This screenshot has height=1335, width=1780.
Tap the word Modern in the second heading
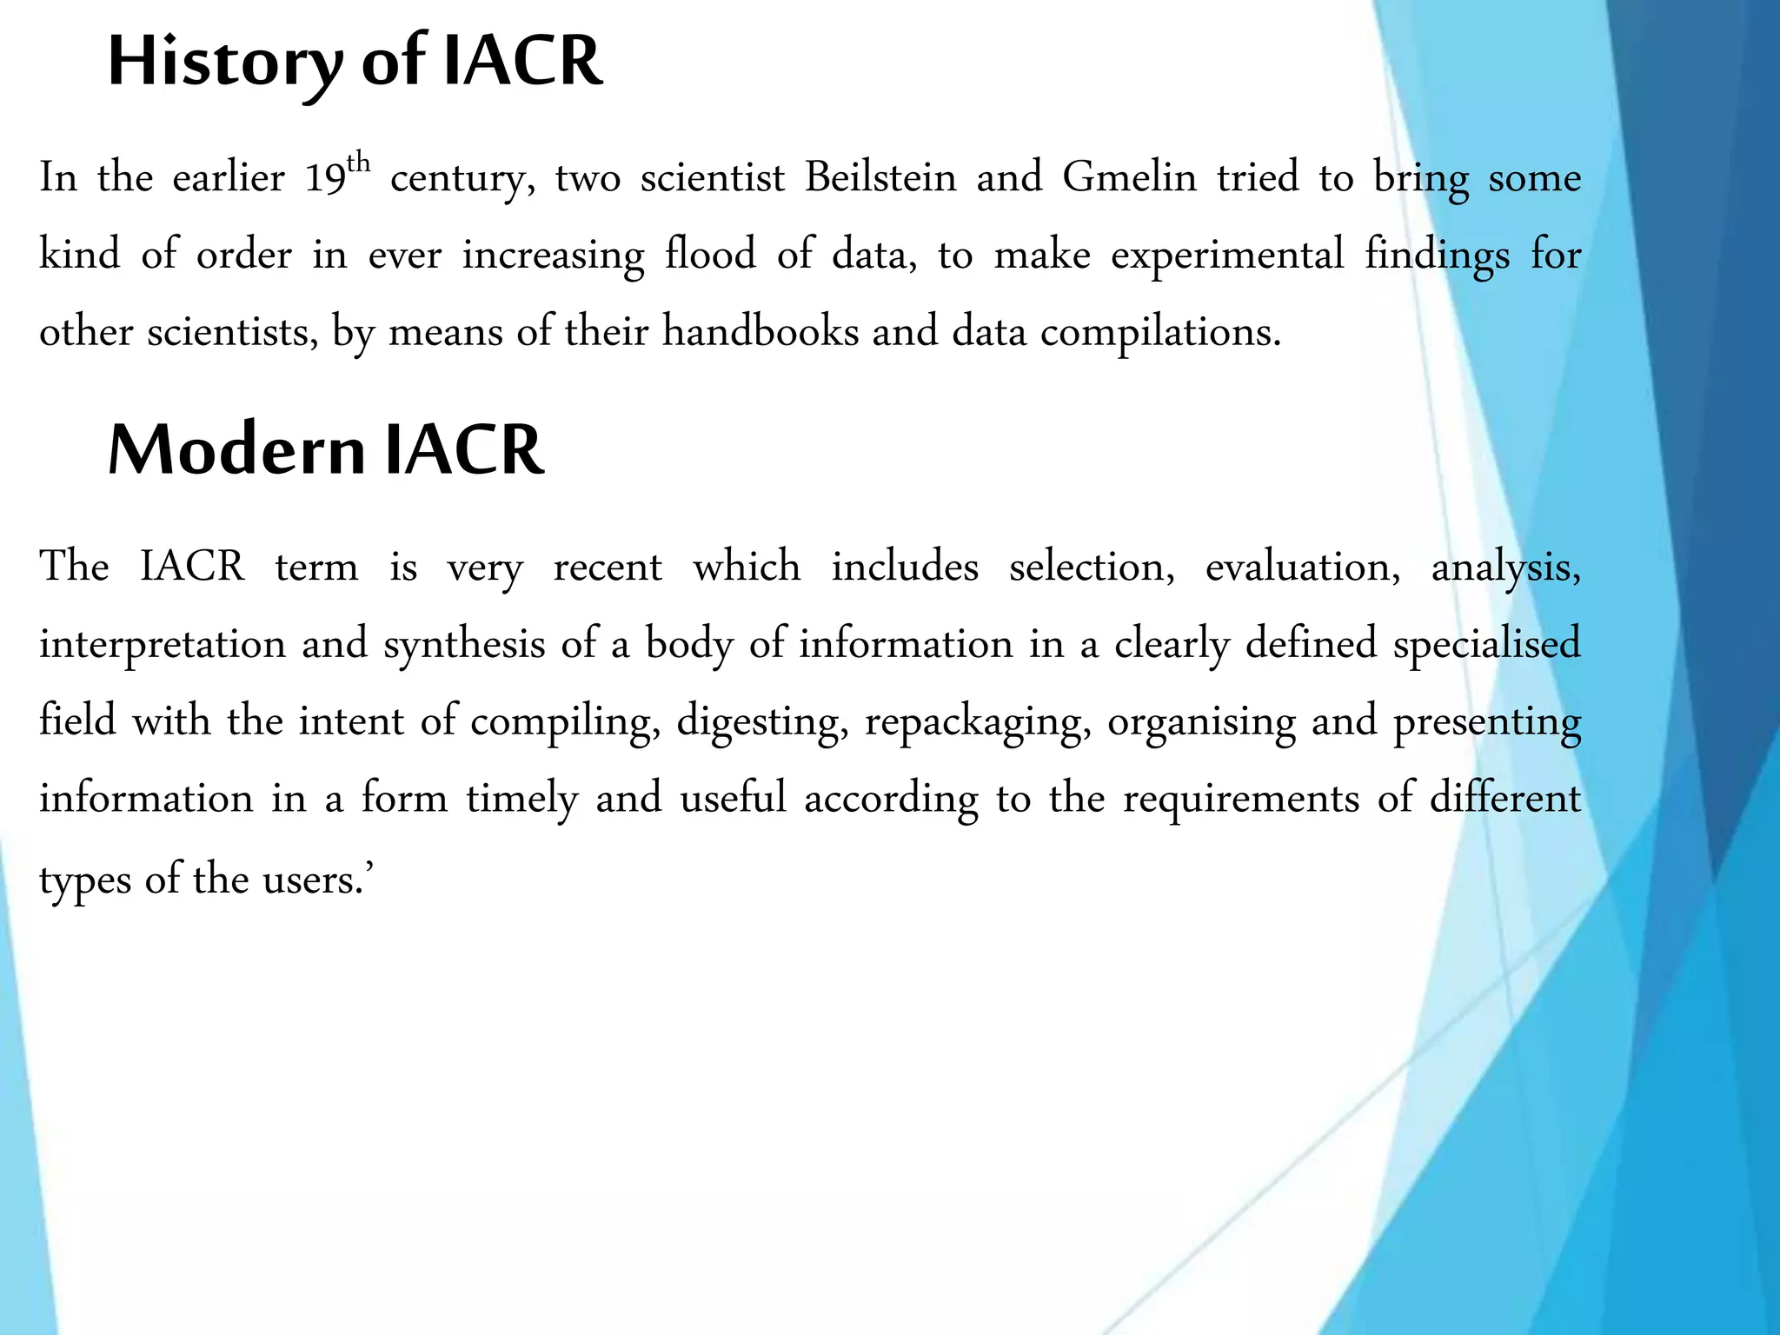[x=236, y=450]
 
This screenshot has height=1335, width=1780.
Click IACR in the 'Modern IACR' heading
[x=464, y=450]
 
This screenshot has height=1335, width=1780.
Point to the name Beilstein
[x=880, y=177]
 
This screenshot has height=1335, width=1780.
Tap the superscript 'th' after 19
[x=358, y=163]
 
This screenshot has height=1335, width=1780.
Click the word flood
[x=710, y=255]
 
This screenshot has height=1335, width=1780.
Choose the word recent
[x=608, y=568]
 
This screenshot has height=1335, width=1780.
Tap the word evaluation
[x=1302, y=568]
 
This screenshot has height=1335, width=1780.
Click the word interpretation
[x=163, y=645]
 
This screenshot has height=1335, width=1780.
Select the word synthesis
[x=464, y=645]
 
